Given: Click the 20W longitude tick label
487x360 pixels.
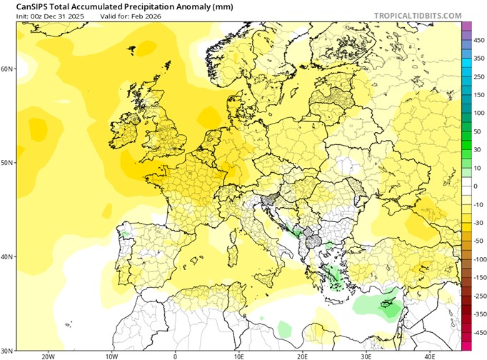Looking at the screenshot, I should point(48,356).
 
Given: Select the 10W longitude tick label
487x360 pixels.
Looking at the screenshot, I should point(111,356).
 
